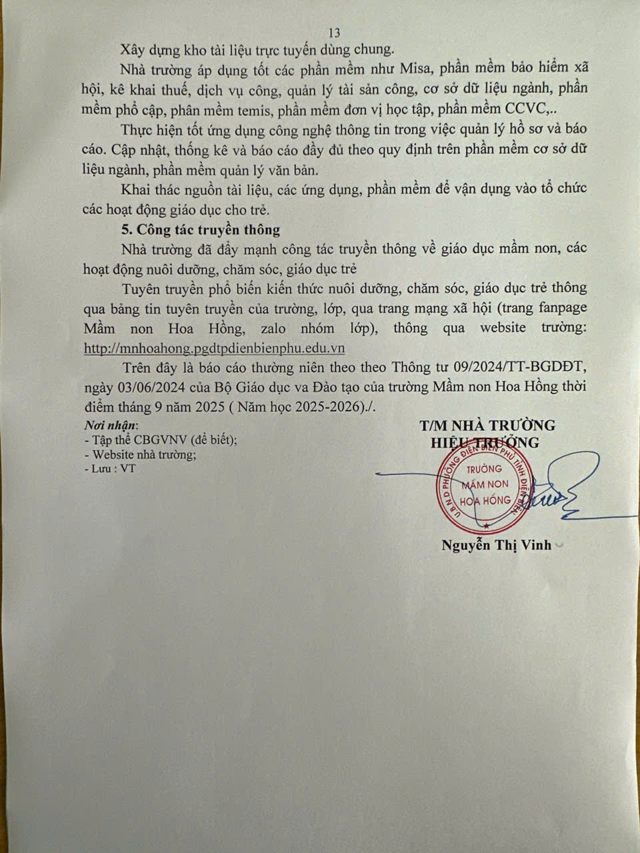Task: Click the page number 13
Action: [x=335, y=33]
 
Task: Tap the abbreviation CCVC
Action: [x=527, y=109]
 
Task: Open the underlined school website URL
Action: [x=214, y=348]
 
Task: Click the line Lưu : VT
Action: [x=111, y=468]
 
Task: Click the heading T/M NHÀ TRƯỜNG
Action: [x=487, y=425]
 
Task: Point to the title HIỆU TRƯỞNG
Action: [x=485, y=442]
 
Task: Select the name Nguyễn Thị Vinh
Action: [x=496, y=545]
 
